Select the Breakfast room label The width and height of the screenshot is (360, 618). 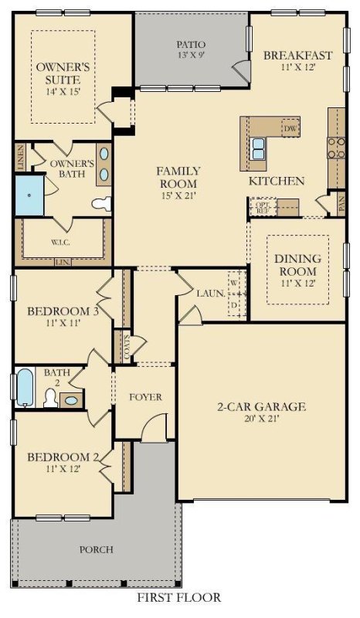point(297,61)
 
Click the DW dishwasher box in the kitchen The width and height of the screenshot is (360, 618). point(290,128)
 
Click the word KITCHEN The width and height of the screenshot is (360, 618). point(276,181)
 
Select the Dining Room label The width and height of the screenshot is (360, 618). point(297,266)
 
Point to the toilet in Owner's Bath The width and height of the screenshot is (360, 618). point(101,204)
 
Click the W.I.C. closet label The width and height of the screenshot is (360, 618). point(63,242)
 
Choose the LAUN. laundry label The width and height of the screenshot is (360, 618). point(210,294)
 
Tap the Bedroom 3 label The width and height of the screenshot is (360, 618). point(59,317)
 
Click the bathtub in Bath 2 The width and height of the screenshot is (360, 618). point(25,388)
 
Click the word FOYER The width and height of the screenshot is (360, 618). point(145,397)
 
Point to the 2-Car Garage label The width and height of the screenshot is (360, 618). point(262,413)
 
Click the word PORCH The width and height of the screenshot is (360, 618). point(96,550)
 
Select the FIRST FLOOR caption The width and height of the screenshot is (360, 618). point(179,597)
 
